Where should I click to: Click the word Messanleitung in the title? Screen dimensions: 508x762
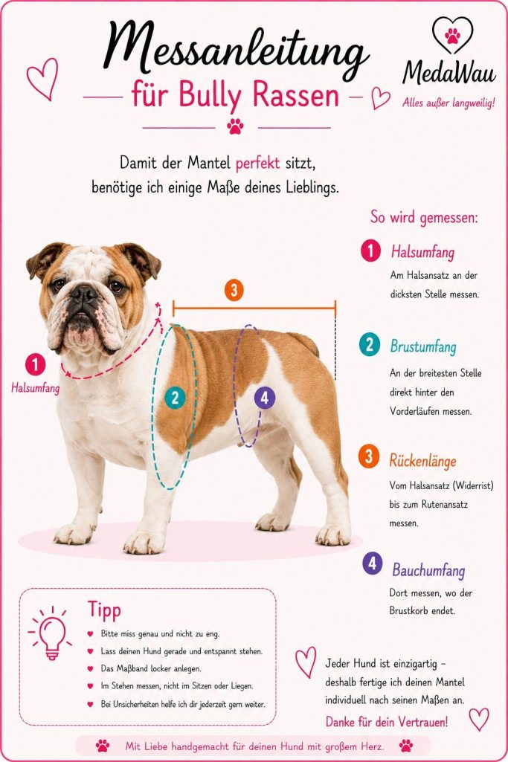tap(236, 48)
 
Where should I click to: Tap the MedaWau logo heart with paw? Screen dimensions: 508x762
tap(452, 34)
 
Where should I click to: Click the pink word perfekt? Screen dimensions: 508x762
tap(257, 164)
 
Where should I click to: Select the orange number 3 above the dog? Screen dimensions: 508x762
tap(234, 290)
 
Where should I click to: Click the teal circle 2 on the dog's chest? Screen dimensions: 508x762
tap(175, 398)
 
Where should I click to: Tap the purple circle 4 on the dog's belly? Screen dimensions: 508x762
tap(265, 398)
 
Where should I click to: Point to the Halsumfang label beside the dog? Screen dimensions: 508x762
tap(36, 388)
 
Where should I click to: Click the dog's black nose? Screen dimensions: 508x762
tap(83, 293)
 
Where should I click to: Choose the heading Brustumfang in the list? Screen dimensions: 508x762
tap(423, 346)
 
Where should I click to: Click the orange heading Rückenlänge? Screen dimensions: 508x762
tap(423, 460)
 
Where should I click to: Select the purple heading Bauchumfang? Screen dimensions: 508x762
tap(428, 570)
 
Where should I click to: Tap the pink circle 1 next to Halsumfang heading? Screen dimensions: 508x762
tap(370, 251)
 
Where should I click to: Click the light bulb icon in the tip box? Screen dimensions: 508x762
tap(50, 633)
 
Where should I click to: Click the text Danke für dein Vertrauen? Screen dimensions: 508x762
tap(387, 722)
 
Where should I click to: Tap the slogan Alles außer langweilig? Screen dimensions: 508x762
tap(448, 103)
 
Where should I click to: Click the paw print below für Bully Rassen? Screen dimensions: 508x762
tap(235, 126)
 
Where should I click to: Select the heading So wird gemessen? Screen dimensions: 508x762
tap(425, 217)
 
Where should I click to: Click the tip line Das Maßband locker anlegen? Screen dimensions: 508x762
tap(151, 668)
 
